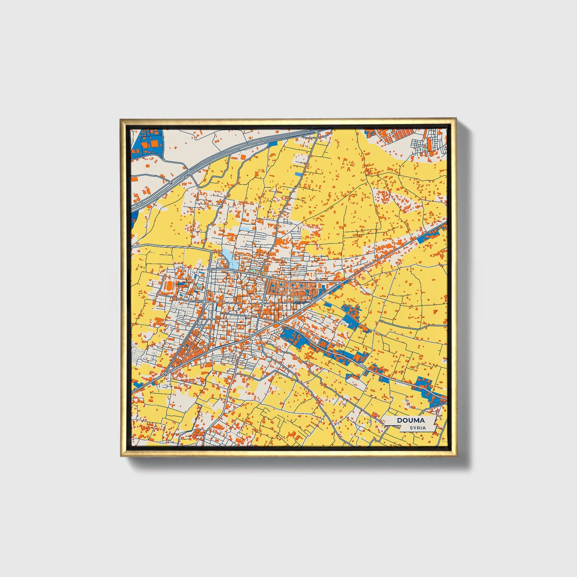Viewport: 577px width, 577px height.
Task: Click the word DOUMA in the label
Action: click(410, 420)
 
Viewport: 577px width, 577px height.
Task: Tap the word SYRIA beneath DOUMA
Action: click(418, 428)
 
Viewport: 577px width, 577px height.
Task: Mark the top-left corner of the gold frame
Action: click(121, 119)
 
